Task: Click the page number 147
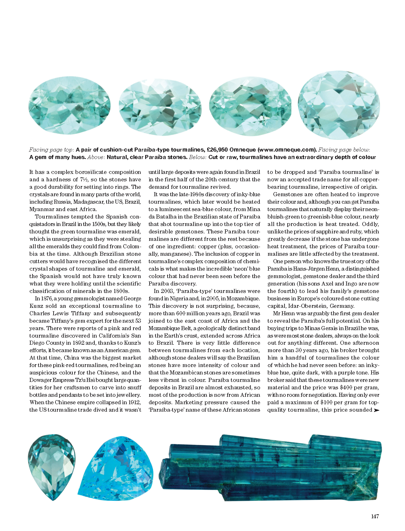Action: tap(375, 516)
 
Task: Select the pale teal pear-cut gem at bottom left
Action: tap(51, 465)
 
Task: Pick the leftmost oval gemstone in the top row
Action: tap(70, 105)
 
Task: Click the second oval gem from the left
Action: tap(160, 107)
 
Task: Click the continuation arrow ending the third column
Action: tap(376, 410)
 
